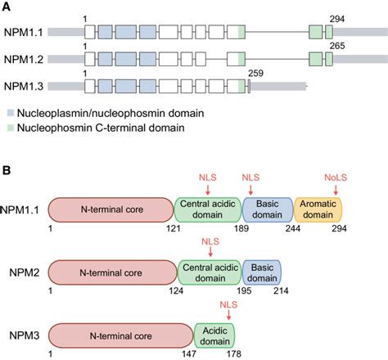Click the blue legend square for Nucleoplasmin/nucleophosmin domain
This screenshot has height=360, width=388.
(9, 111)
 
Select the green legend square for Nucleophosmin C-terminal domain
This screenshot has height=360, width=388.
(9, 128)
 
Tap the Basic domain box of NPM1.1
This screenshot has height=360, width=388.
(266, 210)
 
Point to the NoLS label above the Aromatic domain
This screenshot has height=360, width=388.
(336, 177)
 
